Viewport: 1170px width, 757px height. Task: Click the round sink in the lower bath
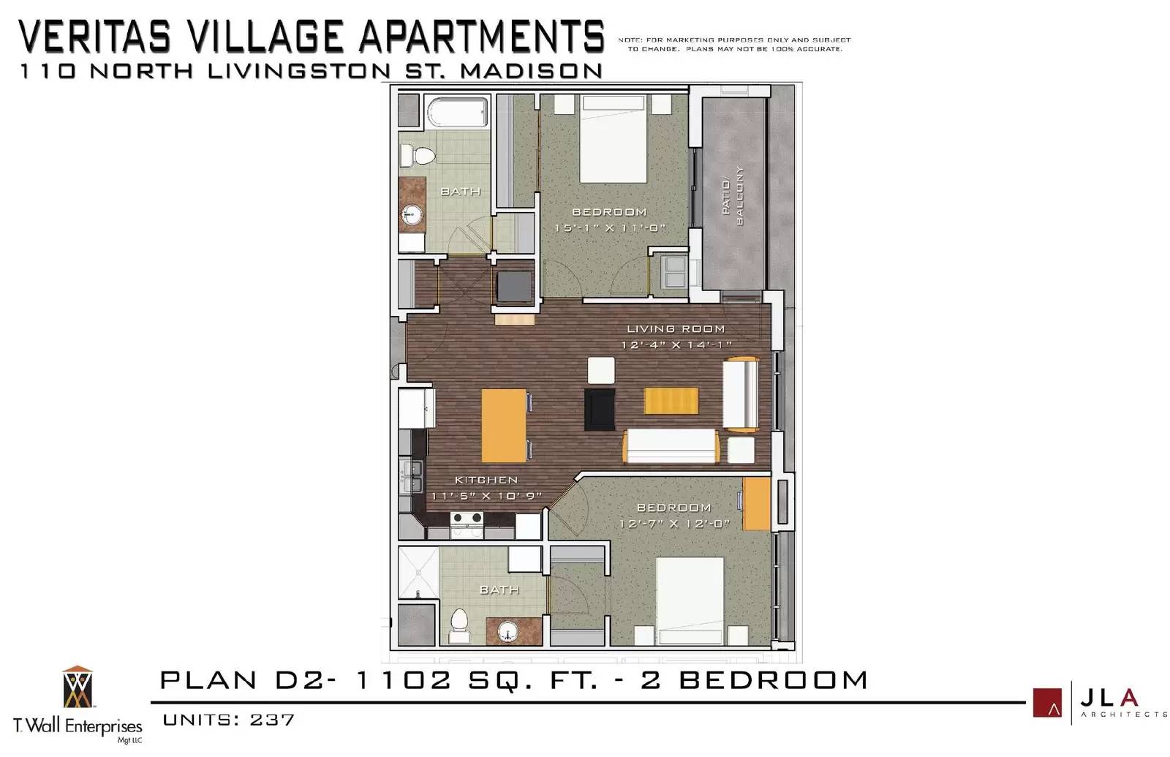pyautogui.click(x=507, y=631)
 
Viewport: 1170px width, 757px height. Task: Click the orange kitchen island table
pyautogui.click(x=504, y=425)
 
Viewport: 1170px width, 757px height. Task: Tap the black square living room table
pyautogui.click(x=600, y=409)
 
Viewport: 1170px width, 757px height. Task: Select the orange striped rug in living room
pyautogui.click(x=671, y=401)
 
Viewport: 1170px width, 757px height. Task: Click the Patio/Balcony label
pyautogui.click(x=733, y=195)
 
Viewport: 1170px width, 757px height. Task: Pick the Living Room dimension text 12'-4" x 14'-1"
pyautogui.click(x=676, y=344)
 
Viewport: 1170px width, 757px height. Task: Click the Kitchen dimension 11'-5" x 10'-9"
pyautogui.click(x=486, y=496)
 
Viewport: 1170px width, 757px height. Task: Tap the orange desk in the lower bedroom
pyautogui.click(x=756, y=504)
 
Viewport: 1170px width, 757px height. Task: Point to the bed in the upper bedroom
pyautogui.click(x=614, y=139)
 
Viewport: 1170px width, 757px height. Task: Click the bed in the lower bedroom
pyautogui.click(x=690, y=600)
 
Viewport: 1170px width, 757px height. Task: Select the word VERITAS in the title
pyautogui.click(x=95, y=36)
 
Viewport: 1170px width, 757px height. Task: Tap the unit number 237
pyautogui.click(x=272, y=720)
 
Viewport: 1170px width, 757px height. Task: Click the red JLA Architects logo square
pyautogui.click(x=1047, y=703)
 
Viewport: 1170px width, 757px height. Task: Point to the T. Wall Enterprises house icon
pyautogui.click(x=78, y=687)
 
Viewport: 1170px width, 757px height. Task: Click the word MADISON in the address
pyautogui.click(x=531, y=71)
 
